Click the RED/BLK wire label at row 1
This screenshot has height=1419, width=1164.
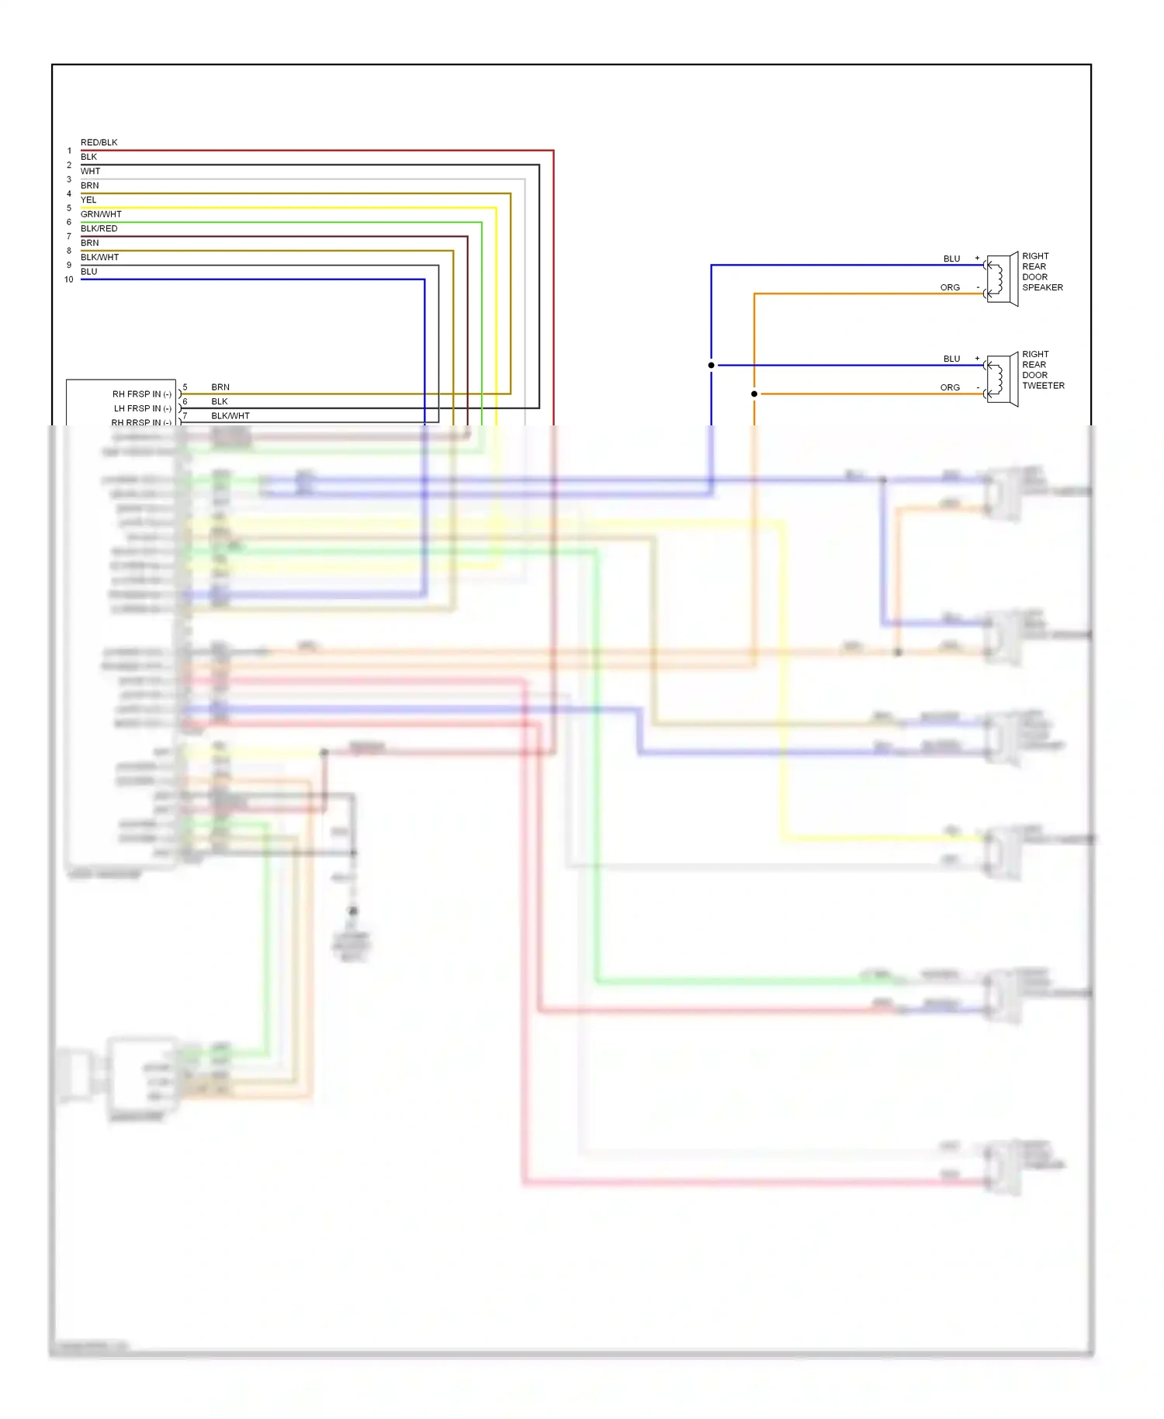[99, 143]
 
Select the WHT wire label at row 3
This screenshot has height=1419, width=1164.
[90, 172]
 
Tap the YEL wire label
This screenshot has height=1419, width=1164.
[88, 200]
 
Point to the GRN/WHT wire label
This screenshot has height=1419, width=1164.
[101, 214]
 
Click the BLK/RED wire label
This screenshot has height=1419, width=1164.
[99, 229]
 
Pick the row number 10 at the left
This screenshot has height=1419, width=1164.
[68, 279]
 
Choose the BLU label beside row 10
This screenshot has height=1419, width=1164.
[88, 272]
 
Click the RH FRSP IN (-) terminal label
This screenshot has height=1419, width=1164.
[141, 394]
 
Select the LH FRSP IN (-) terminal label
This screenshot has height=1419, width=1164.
[142, 408]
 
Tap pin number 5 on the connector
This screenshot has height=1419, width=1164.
[185, 387]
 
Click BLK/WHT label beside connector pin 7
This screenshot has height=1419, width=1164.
[230, 416]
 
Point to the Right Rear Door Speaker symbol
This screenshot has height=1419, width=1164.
[1002, 279]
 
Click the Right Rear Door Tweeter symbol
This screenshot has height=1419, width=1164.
[1002, 380]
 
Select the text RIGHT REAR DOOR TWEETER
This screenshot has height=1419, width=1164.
[1042, 370]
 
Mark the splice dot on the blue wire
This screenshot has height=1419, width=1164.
[711, 366]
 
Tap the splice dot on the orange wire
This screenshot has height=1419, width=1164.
[753, 394]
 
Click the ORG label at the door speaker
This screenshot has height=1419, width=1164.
[950, 288]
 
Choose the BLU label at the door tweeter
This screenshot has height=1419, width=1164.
[951, 359]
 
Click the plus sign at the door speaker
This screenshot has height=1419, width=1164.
[977, 258]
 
